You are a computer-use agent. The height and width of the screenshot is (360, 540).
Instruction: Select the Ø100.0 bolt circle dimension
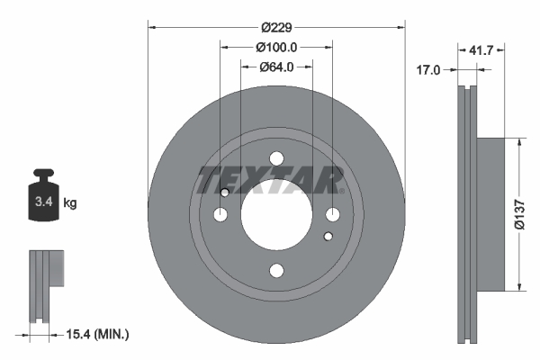(276, 47)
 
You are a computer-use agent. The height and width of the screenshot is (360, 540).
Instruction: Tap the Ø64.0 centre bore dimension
(276, 67)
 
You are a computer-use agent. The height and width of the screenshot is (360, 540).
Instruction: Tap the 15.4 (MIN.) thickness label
(99, 335)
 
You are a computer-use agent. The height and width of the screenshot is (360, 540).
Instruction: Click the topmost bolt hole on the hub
(276, 158)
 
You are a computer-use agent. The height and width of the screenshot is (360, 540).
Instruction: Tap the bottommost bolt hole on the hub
(276, 270)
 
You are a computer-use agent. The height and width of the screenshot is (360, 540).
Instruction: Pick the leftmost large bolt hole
(220, 214)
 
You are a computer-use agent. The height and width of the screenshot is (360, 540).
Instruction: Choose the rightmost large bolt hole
(332, 214)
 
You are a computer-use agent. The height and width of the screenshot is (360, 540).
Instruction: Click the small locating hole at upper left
(225, 192)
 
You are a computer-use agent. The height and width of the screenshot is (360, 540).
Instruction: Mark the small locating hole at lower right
(328, 237)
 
